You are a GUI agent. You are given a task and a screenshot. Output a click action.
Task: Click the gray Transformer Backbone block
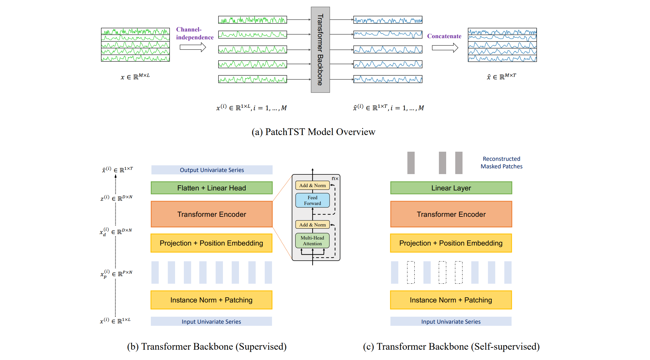point(320,50)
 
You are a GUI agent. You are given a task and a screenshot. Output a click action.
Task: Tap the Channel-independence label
point(194,33)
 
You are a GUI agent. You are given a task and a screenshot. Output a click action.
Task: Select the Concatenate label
point(444,36)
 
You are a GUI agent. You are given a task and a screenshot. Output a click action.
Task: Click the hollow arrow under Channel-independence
point(193,47)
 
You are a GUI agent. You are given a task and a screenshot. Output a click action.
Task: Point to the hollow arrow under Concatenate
point(445,48)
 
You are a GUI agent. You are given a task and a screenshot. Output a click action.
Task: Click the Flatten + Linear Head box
point(211,188)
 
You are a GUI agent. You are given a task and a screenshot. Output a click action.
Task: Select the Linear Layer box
point(451,188)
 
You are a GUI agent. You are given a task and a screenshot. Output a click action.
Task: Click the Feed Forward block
point(312,200)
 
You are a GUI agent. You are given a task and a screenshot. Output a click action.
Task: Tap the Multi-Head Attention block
point(312,240)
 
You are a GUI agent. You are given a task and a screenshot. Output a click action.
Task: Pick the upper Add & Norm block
point(312,185)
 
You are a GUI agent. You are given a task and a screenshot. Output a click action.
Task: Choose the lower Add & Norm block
point(312,225)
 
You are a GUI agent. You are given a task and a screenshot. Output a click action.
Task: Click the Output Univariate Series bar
point(211,170)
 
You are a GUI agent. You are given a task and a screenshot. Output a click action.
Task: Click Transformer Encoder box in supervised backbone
point(211,214)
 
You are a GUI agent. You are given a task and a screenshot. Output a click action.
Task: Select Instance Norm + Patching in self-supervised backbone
point(451,300)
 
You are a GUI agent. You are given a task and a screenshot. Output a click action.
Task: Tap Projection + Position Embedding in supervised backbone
point(211,243)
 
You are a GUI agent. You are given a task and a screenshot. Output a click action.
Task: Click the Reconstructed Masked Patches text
point(501,163)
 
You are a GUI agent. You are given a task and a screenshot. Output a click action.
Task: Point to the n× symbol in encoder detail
point(335,179)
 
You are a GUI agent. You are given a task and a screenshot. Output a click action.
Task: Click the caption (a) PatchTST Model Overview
point(313,132)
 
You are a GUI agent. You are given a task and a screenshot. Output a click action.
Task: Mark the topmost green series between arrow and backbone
point(252,20)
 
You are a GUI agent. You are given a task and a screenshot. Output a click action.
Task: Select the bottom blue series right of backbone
point(387,79)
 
